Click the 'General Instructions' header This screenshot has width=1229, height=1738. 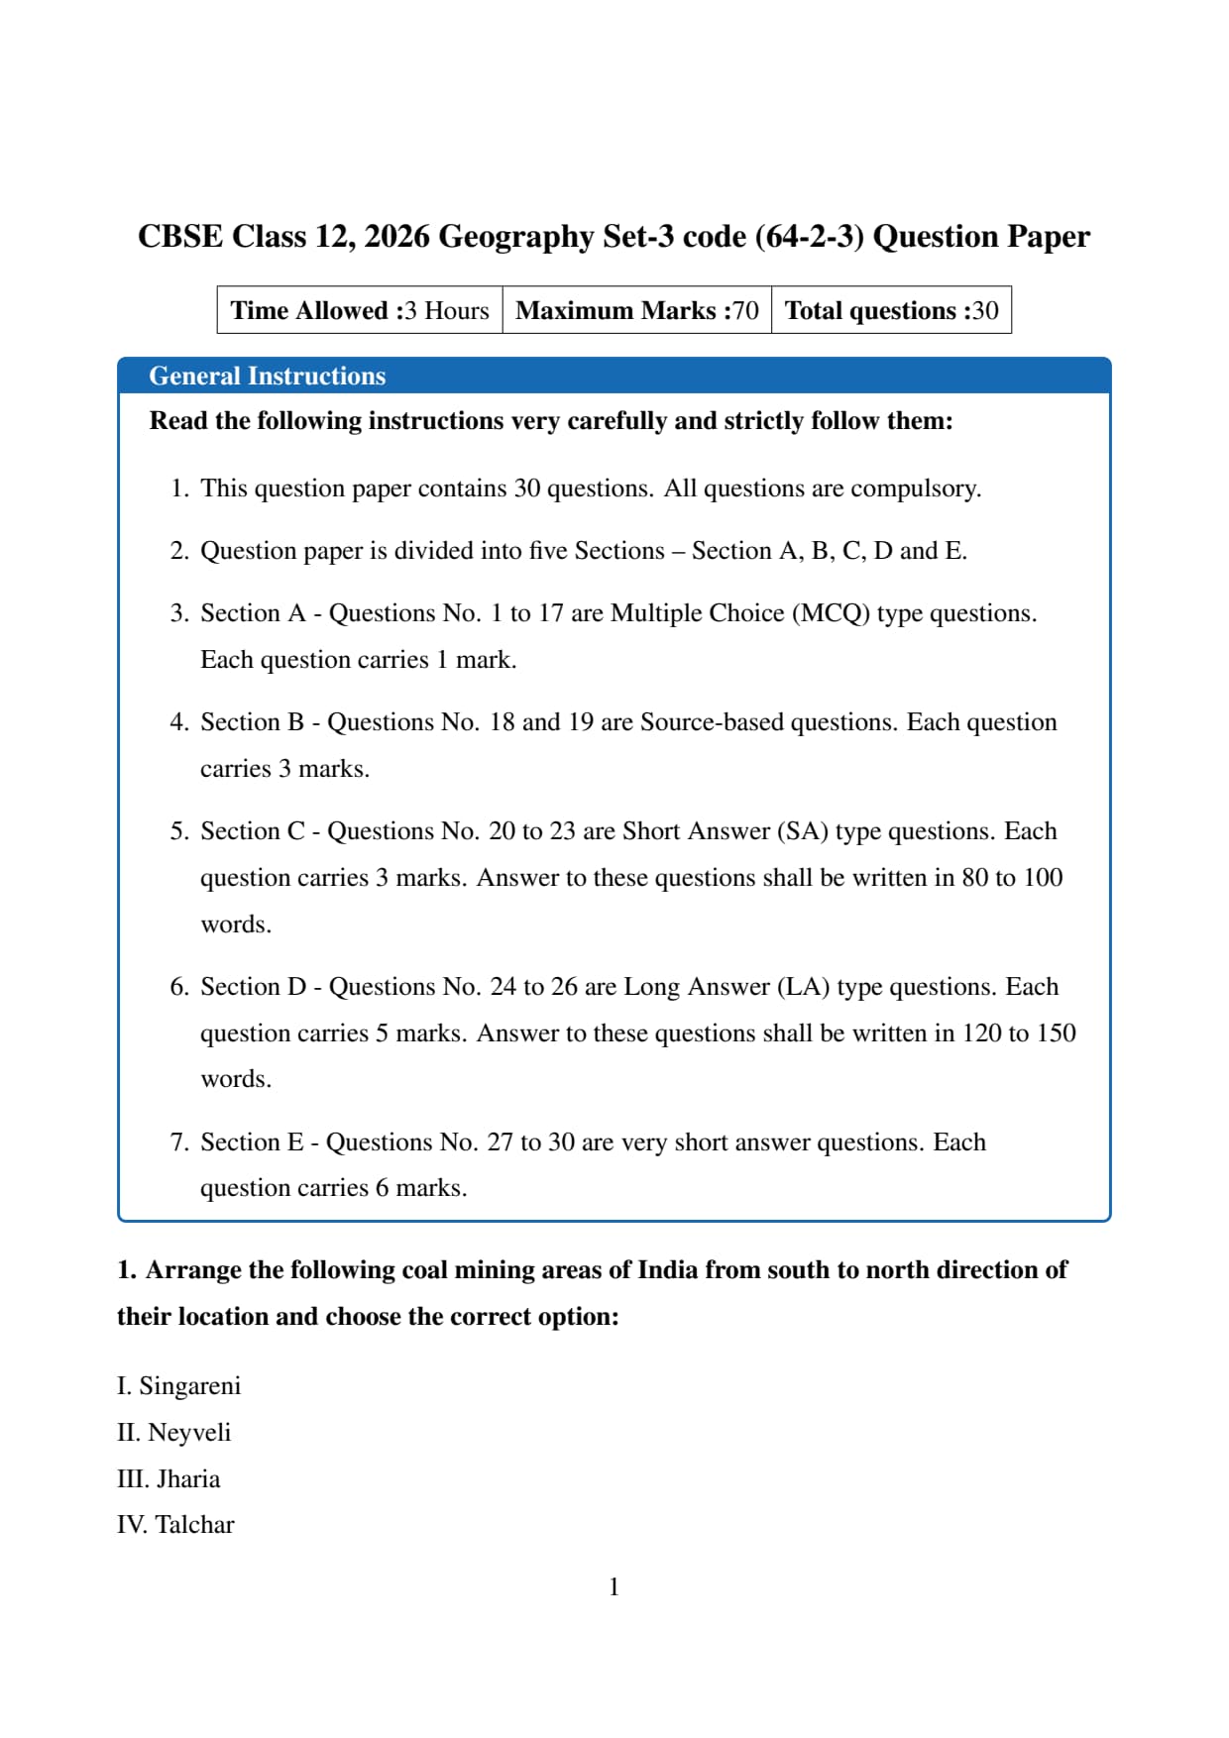point(267,377)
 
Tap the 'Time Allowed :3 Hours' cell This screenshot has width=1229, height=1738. point(360,311)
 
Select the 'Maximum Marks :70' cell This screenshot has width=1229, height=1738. point(637,311)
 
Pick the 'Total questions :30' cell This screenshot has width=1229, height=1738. point(891,311)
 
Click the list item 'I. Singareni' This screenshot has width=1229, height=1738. point(179,1386)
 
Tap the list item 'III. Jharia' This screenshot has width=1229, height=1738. point(168,1479)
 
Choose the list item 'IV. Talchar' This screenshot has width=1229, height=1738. point(175,1525)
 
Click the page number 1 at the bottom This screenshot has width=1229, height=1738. point(614,1587)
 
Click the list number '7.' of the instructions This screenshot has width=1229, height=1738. point(179,1142)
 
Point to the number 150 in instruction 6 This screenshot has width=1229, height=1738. point(1057,1033)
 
